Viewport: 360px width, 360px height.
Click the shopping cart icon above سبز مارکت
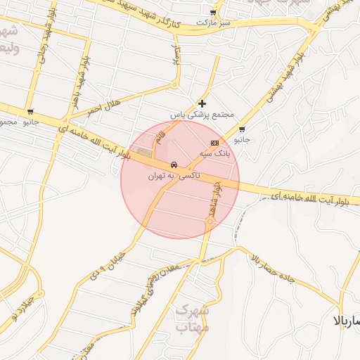click(213, 13)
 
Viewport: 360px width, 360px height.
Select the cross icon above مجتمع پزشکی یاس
click(202, 103)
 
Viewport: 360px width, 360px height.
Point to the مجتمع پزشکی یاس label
click(202, 114)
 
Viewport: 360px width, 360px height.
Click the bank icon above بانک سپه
click(214, 143)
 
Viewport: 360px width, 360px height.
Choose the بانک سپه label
click(214, 153)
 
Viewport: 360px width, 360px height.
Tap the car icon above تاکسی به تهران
click(174, 165)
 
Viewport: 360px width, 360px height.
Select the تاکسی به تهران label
click(174, 175)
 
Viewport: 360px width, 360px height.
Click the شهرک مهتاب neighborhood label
click(191, 319)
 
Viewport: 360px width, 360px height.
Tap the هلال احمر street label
click(105, 108)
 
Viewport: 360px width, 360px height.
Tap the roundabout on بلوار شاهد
click(209, 222)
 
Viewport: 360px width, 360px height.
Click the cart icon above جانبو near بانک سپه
click(242, 129)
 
